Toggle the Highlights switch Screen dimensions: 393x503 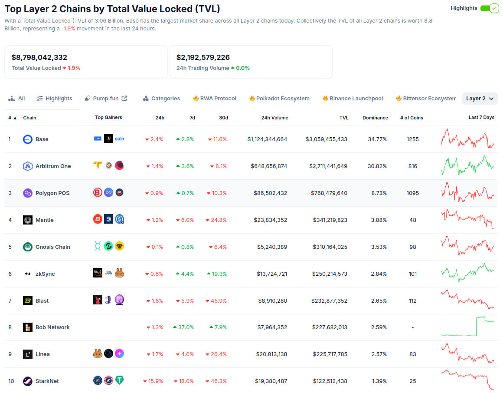coord(490,8)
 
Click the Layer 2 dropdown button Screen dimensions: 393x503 coord(480,99)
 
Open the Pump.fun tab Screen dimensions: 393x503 coord(106,99)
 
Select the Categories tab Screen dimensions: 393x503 coord(161,99)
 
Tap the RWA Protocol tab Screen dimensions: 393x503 coord(215,99)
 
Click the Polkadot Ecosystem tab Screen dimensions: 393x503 coord(279,99)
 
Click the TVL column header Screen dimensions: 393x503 coord(344,118)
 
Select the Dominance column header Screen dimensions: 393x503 coord(375,118)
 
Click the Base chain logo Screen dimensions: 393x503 coord(28,139)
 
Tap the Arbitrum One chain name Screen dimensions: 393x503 coord(53,166)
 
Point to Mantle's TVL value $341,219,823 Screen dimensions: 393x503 coord(330,220)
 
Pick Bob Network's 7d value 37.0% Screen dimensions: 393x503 coord(183,327)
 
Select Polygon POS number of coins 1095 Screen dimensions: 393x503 coord(412,193)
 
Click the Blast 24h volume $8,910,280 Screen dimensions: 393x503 coord(272,301)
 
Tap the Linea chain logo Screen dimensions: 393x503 coord(28,354)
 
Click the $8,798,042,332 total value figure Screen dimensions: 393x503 coord(39,57)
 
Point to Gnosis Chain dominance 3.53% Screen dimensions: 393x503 coord(379,247)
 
